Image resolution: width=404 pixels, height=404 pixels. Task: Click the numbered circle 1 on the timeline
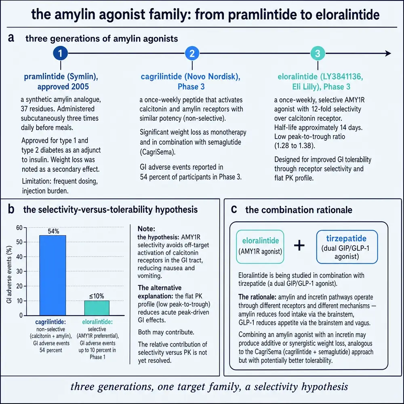pyautogui.click(x=60, y=53)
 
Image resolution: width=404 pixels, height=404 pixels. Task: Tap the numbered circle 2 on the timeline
pyautogui.click(x=192, y=53)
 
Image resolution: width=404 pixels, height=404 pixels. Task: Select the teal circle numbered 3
pyautogui.click(x=318, y=53)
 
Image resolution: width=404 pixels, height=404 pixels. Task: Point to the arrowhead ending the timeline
pyautogui.click(x=388, y=53)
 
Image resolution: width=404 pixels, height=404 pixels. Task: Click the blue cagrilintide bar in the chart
pyautogui.click(x=53, y=275)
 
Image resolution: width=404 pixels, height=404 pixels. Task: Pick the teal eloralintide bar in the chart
pyautogui.click(x=97, y=308)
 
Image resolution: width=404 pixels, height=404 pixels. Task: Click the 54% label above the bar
pyautogui.click(x=53, y=231)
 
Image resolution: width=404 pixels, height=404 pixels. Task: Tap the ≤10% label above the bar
pyautogui.click(x=97, y=296)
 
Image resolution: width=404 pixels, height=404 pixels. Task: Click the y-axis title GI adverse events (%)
pyautogui.click(x=9, y=274)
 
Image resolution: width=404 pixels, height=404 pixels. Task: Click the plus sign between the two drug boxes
pyautogui.click(x=299, y=245)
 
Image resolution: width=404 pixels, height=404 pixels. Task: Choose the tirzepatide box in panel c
pyautogui.click(x=347, y=247)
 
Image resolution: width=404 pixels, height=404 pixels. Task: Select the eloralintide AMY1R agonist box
pyautogui.click(x=260, y=247)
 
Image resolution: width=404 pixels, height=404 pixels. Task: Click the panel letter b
pyautogui.click(x=11, y=209)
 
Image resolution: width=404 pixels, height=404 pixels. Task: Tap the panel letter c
pyautogui.click(x=234, y=209)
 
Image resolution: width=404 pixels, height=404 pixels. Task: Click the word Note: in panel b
pyautogui.click(x=146, y=229)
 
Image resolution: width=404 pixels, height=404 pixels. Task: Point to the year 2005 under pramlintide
pyautogui.click(x=80, y=86)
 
